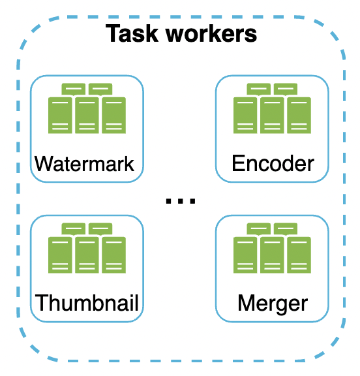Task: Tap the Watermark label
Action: tap(85, 163)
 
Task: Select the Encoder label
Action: tap(273, 163)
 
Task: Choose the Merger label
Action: tap(273, 303)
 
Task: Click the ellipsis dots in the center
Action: tap(180, 201)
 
